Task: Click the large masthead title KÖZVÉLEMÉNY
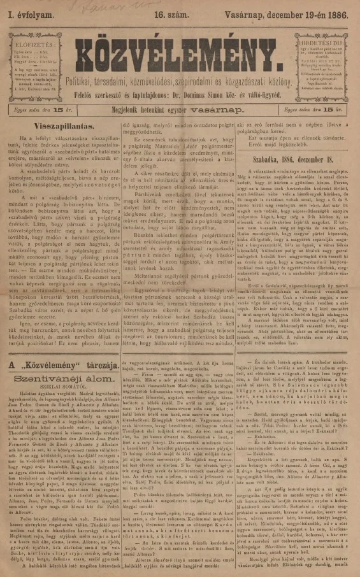180,45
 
